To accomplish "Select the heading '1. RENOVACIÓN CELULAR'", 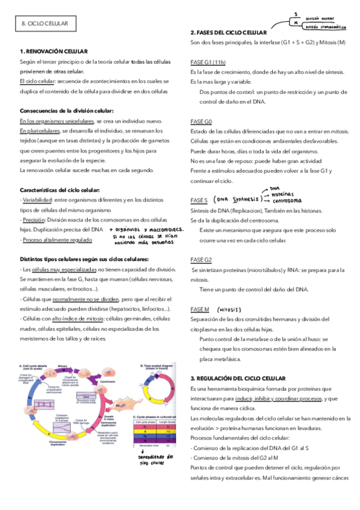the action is [53, 52].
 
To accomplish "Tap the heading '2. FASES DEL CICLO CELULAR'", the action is [228, 32].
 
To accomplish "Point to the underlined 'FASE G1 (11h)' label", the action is [207, 62].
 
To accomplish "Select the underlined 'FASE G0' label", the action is [201, 121].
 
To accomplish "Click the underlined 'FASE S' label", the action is [199, 200].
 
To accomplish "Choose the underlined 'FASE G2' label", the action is [201, 259].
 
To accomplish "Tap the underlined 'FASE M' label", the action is [200, 309].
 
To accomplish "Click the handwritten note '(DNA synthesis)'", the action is [237, 199].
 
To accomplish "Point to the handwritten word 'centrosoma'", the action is [287, 201].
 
